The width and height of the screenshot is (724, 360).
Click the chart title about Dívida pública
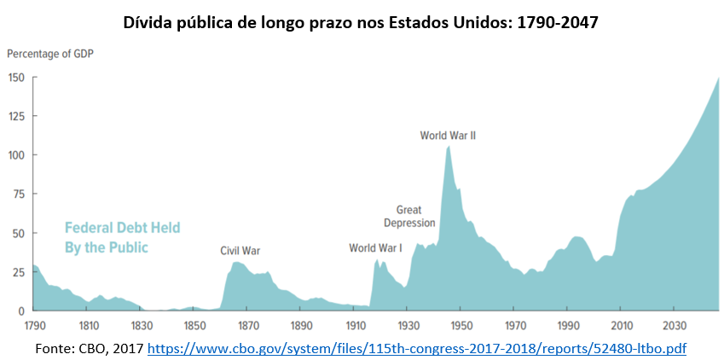click(x=361, y=22)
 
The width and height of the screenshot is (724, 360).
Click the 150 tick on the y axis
click(x=15, y=77)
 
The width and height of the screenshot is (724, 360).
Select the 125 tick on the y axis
click(x=15, y=116)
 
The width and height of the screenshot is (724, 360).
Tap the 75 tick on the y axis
click(x=17, y=195)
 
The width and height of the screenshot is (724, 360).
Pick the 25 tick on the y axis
click(x=17, y=272)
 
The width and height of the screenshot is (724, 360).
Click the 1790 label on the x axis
click(x=35, y=325)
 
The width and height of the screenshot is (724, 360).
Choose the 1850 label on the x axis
click(x=194, y=325)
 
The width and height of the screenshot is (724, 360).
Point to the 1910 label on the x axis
click(x=355, y=325)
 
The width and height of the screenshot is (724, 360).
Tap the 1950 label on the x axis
click(x=461, y=325)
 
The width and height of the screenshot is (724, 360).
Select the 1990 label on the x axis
click(x=568, y=325)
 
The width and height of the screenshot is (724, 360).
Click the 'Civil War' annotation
click(x=240, y=251)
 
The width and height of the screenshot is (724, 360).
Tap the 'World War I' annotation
click(x=375, y=248)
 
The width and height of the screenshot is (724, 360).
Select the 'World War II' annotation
click(x=449, y=135)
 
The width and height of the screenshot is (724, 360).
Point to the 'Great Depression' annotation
click(x=409, y=217)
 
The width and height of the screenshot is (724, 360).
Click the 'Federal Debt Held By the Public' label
click(x=122, y=238)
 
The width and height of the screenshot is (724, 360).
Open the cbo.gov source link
click(x=417, y=348)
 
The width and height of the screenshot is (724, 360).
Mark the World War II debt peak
click(x=449, y=147)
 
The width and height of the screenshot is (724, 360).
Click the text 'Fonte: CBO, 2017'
click(x=89, y=348)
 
